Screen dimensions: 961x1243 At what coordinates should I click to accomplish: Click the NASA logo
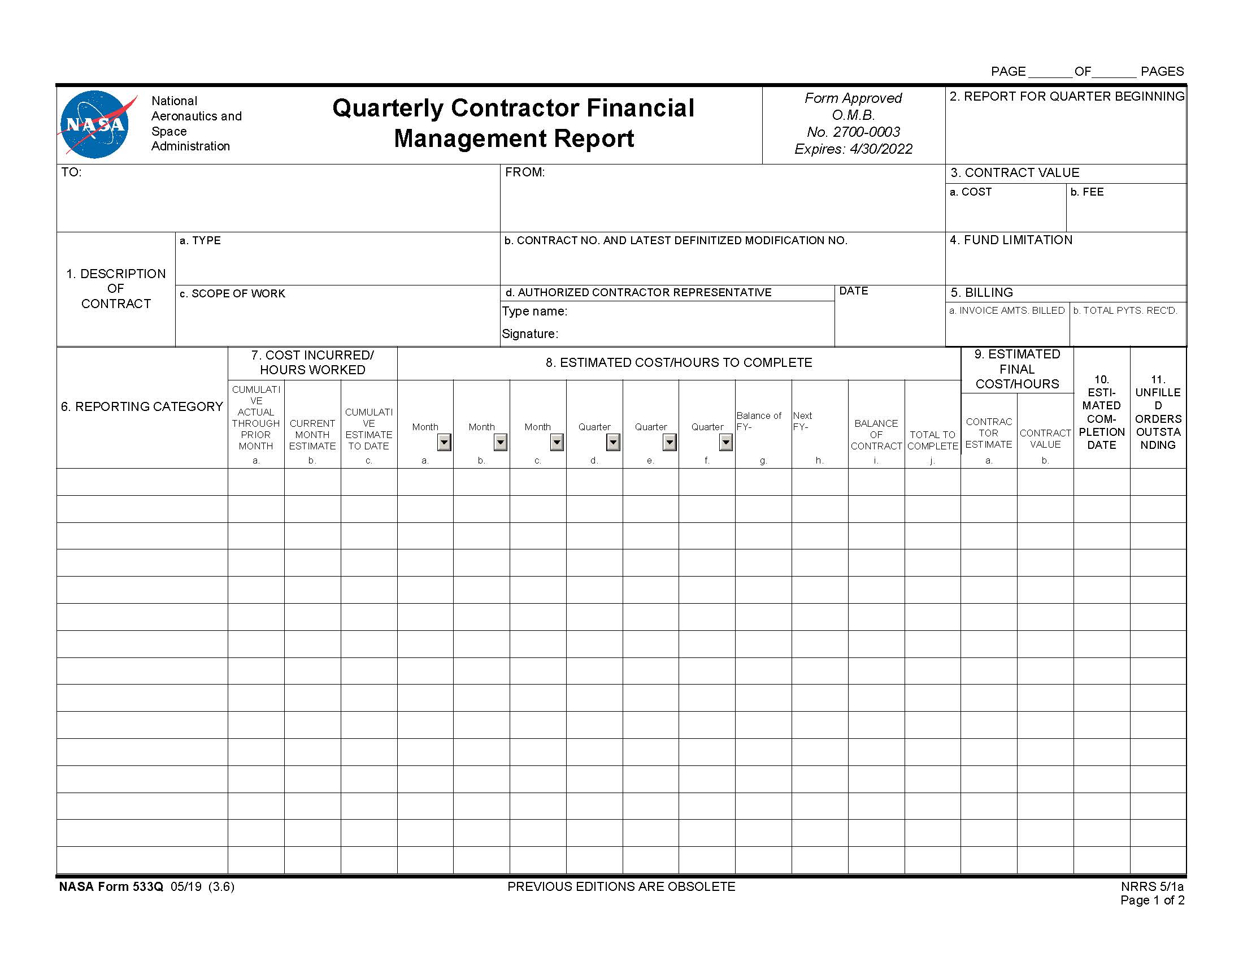[x=94, y=124]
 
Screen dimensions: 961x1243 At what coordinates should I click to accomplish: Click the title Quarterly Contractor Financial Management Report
[x=514, y=123]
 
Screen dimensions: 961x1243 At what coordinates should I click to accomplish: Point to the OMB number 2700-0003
[x=853, y=132]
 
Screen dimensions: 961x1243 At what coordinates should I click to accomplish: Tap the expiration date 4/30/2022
[x=880, y=149]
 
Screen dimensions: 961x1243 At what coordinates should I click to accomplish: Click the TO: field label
[x=72, y=172]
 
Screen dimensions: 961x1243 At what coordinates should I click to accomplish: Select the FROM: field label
[x=525, y=172]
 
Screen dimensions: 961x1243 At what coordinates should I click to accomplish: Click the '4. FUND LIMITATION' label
[x=1011, y=240]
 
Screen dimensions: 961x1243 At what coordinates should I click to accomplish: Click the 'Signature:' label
[x=530, y=334]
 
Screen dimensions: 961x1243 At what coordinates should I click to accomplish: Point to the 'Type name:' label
[x=534, y=311]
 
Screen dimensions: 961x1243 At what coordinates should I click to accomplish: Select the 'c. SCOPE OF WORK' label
[x=232, y=294]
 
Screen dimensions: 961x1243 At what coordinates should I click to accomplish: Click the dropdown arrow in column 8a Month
[x=444, y=443]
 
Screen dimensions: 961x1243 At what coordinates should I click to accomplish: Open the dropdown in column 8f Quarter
[x=725, y=443]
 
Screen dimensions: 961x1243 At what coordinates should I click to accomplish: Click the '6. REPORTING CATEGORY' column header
[x=142, y=406]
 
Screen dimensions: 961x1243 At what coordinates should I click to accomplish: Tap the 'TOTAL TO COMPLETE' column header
[x=932, y=440]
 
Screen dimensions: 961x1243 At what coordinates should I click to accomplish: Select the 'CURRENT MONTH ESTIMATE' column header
[x=312, y=435]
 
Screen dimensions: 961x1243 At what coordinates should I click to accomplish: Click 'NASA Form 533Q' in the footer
[x=111, y=887]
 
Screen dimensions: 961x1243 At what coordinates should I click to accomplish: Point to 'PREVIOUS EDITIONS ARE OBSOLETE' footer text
[x=621, y=887]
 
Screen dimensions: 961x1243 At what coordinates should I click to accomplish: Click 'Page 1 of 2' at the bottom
[x=1152, y=901]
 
